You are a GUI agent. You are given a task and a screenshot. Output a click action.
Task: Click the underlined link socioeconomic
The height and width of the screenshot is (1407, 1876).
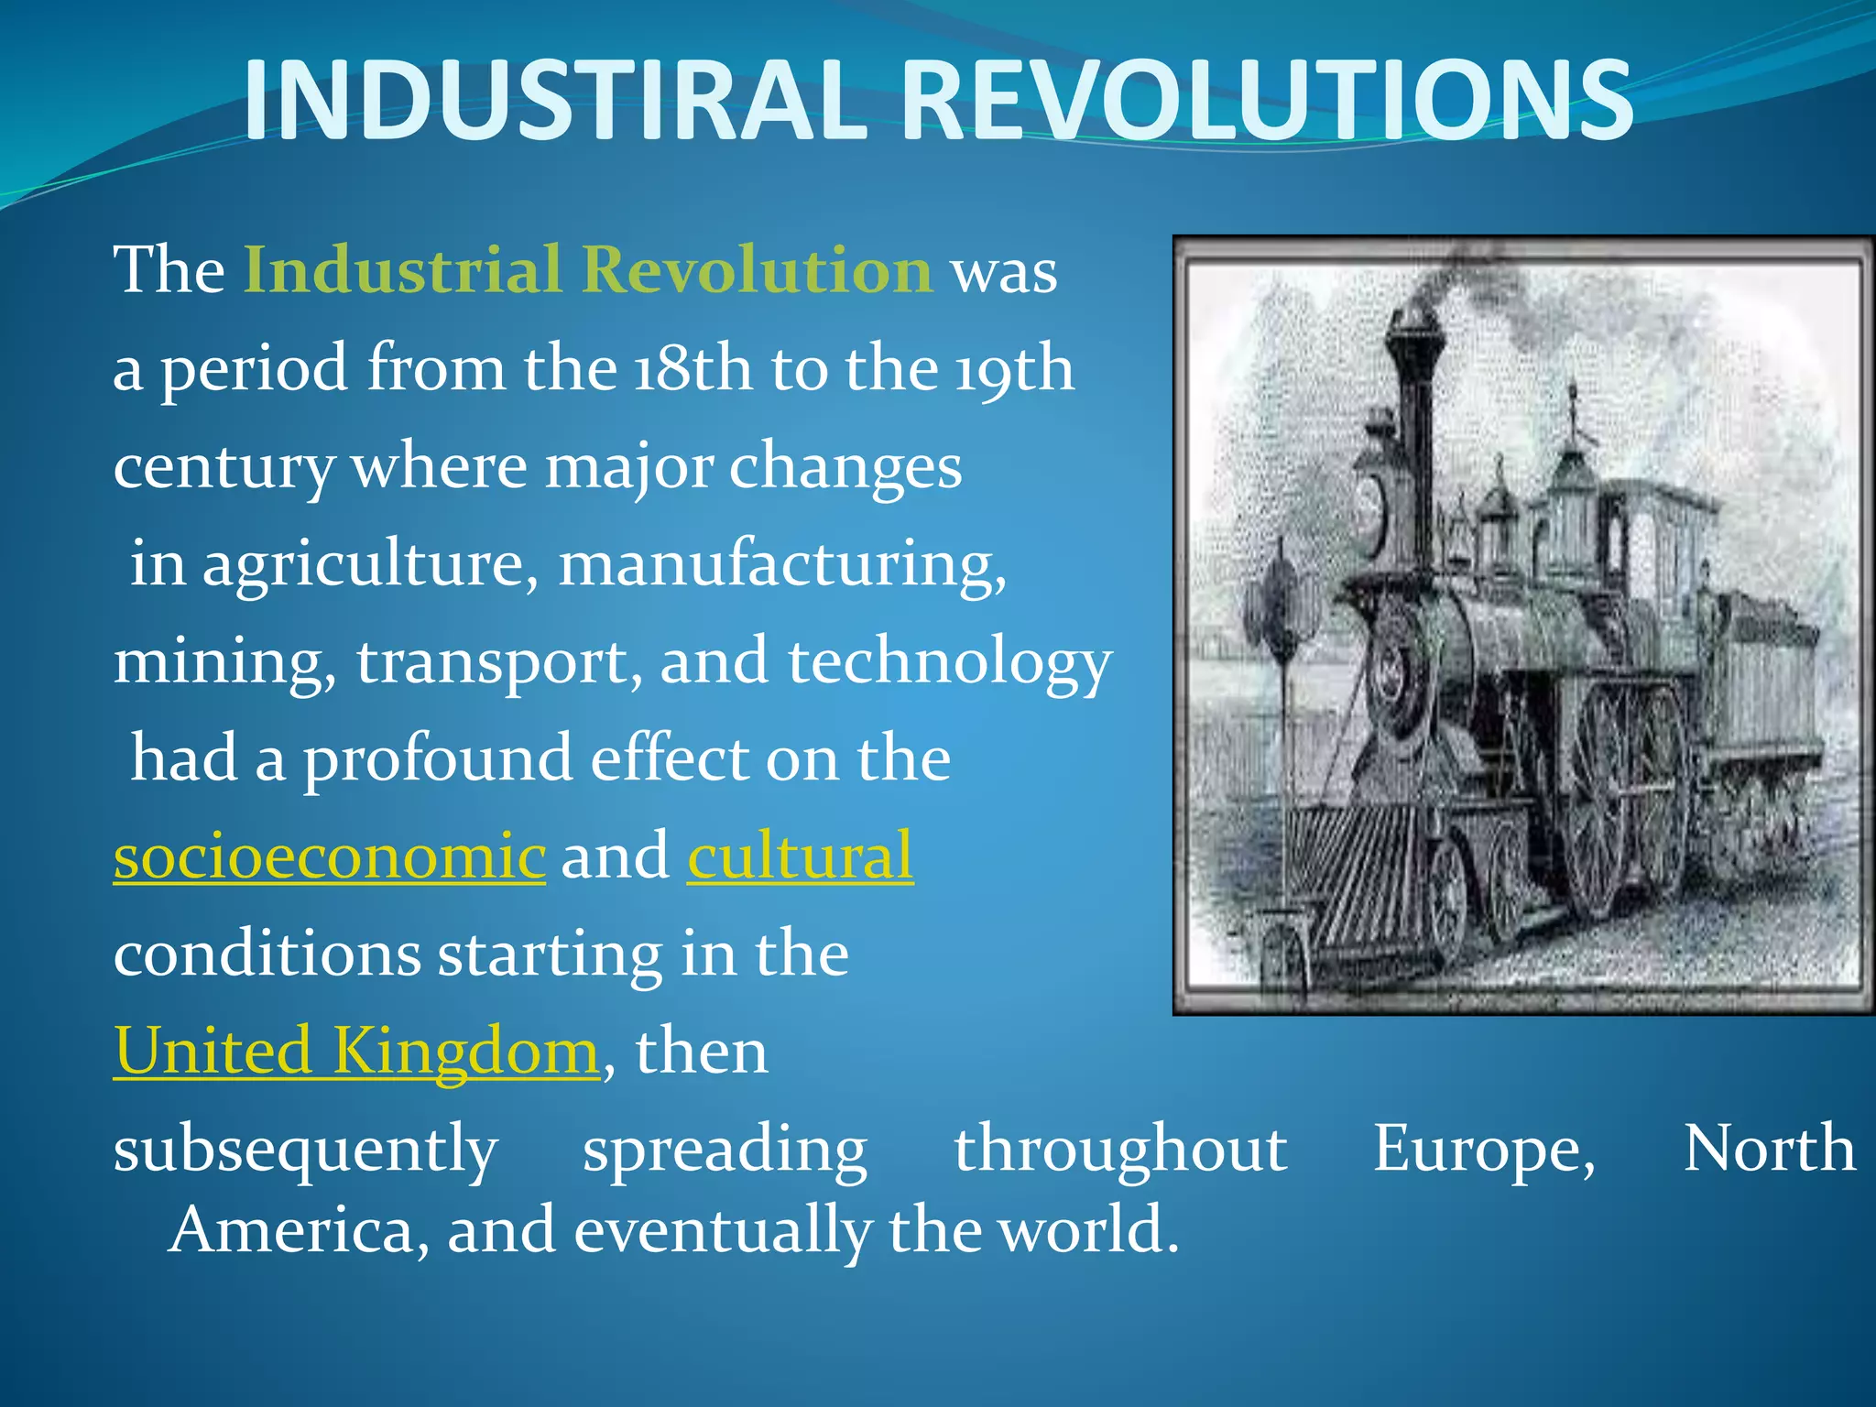click(329, 856)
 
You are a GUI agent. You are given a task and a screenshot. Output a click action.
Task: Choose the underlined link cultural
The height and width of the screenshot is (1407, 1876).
click(800, 856)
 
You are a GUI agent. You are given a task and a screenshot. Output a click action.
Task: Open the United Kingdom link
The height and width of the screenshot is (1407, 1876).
click(355, 1052)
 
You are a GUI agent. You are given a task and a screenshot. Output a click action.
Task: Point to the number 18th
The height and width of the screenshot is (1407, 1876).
click(693, 369)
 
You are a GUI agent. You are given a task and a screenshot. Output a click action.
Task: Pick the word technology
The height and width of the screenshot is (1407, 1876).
click(950, 662)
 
